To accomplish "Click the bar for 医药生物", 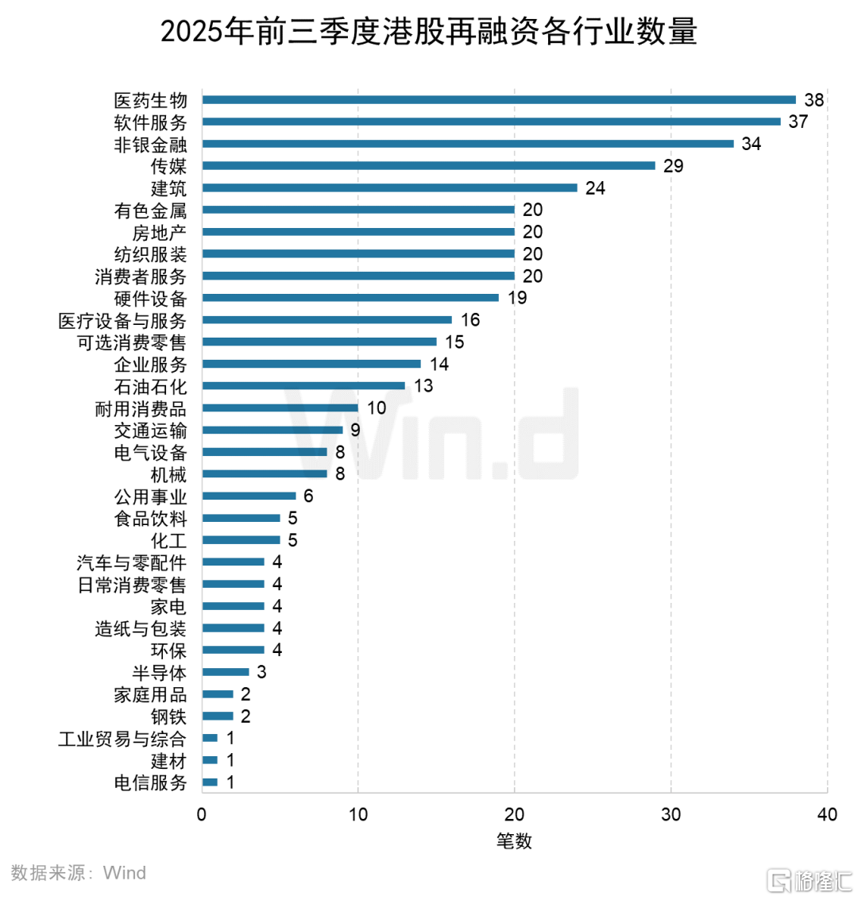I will pos(499,100).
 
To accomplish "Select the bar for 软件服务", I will pos(491,122).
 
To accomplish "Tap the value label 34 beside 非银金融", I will pos(751,144).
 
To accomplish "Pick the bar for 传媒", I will pos(429,166).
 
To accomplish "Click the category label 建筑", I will pos(168,188).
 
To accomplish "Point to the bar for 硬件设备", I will pos(350,298).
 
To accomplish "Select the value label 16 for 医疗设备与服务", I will pos(470,320).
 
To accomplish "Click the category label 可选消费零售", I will pos(132,342).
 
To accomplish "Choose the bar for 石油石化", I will pos(303,386).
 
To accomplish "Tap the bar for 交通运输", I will pos(272,430).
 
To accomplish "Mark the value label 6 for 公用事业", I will pos(308,496).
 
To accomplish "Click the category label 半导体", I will pos(160,673).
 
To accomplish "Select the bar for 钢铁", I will pos(218,717).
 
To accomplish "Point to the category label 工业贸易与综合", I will pos(122,739).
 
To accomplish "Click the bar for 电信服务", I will pos(210,782).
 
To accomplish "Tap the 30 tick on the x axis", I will pos(671,815).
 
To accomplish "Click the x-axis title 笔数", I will pos(514,840).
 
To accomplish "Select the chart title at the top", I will pos(429,33).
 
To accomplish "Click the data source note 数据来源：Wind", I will pos(79,873).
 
